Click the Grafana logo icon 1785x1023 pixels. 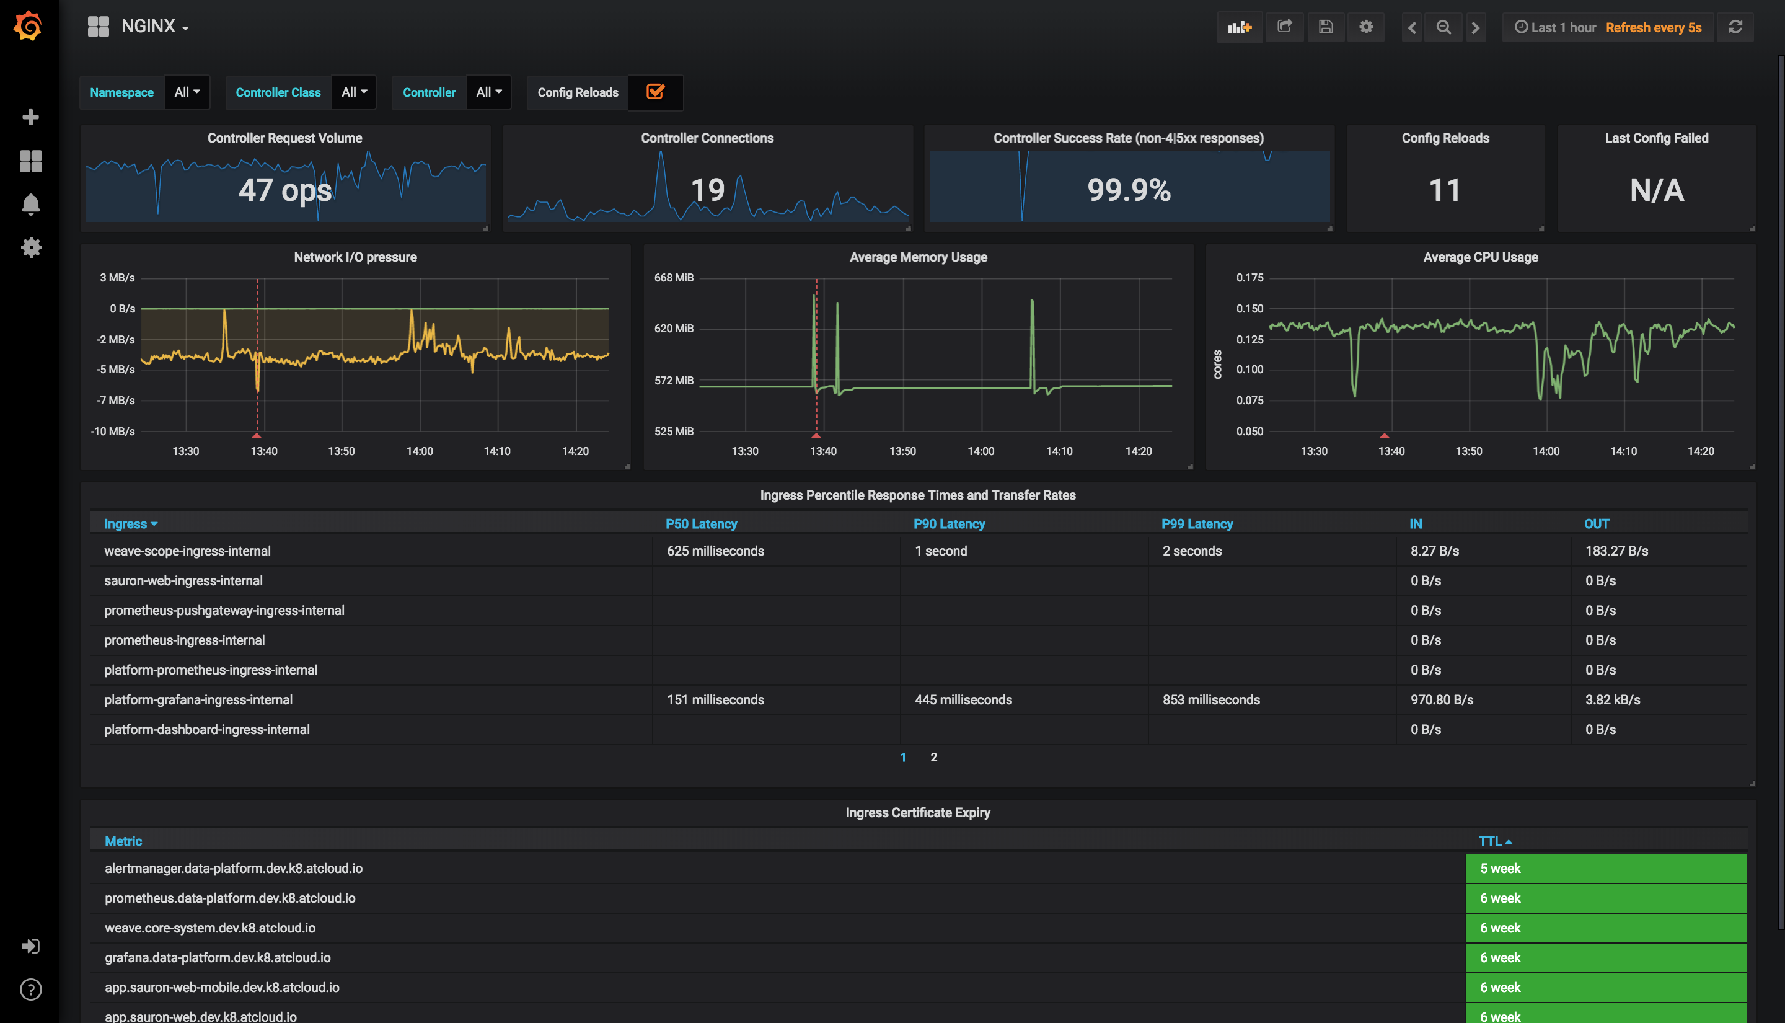click(29, 26)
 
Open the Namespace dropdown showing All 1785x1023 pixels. click(187, 92)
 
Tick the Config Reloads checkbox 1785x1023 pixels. click(655, 92)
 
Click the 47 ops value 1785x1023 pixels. click(284, 190)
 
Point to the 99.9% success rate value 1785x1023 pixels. click(1129, 190)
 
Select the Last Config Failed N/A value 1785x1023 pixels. click(1656, 190)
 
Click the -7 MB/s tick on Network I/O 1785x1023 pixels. click(116, 401)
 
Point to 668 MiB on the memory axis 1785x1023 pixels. click(674, 278)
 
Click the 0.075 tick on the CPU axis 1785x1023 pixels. click(1249, 401)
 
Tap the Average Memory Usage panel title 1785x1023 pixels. click(918, 257)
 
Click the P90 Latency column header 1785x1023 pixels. click(949, 523)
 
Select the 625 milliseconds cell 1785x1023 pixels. click(715, 551)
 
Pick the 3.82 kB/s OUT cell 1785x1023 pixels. click(1612, 700)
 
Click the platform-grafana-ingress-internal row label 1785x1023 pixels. click(198, 700)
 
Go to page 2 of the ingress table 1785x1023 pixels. click(933, 757)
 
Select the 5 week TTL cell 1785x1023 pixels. click(1500, 869)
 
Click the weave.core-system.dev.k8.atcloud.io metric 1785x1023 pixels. click(210, 928)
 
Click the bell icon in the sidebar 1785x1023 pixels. click(30, 205)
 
